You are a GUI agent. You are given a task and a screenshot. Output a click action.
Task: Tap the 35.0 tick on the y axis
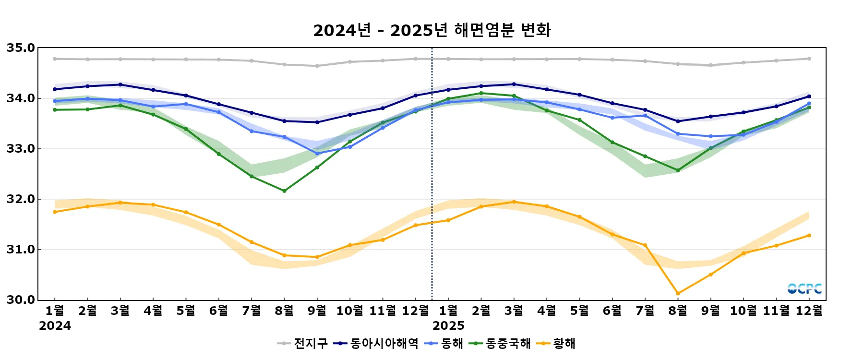click(21, 48)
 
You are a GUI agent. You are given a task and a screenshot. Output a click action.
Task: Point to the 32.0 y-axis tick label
click(21, 199)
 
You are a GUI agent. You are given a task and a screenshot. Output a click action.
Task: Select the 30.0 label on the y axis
click(21, 300)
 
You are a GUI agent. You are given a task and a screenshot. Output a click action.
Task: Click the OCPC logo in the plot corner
click(804, 288)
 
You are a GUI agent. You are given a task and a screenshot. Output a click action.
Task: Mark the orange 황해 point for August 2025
click(678, 293)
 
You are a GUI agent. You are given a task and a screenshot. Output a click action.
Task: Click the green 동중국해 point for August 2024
click(284, 191)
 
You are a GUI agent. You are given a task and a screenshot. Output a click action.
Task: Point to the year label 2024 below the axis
click(55, 326)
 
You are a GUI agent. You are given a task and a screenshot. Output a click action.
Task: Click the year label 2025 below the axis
click(448, 326)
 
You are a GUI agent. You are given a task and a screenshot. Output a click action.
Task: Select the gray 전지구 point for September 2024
click(317, 66)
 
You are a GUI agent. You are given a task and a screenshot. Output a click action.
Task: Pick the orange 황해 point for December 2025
click(809, 236)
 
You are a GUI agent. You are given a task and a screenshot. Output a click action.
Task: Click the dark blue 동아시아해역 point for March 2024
click(120, 84)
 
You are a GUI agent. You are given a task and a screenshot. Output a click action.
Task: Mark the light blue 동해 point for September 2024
click(317, 154)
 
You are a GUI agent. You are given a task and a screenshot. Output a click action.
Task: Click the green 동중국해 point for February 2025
click(481, 93)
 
